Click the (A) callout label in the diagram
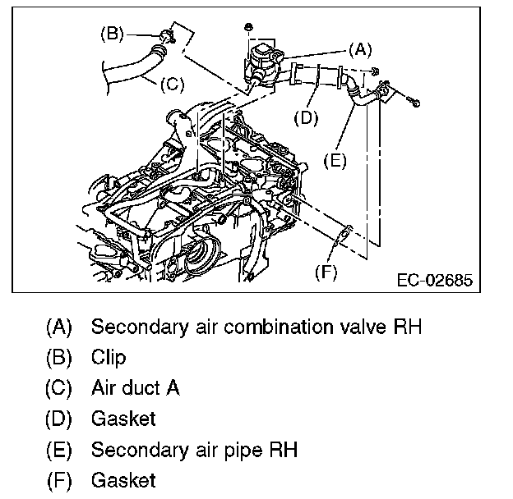pyautogui.click(x=359, y=48)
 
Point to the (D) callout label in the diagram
pyautogui.click(x=306, y=117)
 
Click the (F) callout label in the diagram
pyautogui.click(x=327, y=272)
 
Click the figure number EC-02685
pyautogui.click(x=434, y=281)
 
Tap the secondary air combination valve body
pyautogui.click(x=265, y=62)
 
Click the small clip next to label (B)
pyautogui.click(x=168, y=35)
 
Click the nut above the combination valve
pyautogui.click(x=247, y=29)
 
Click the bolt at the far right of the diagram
pyautogui.click(x=413, y=103)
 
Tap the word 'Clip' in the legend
pyautogui.click(x=108, y=358)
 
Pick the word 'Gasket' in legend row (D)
pyautogui.click(x=122, y=419)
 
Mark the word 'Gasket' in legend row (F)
pyautogui.click(x=122, y=480)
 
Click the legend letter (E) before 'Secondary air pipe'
pyautogui.click(x=58, y=450)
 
